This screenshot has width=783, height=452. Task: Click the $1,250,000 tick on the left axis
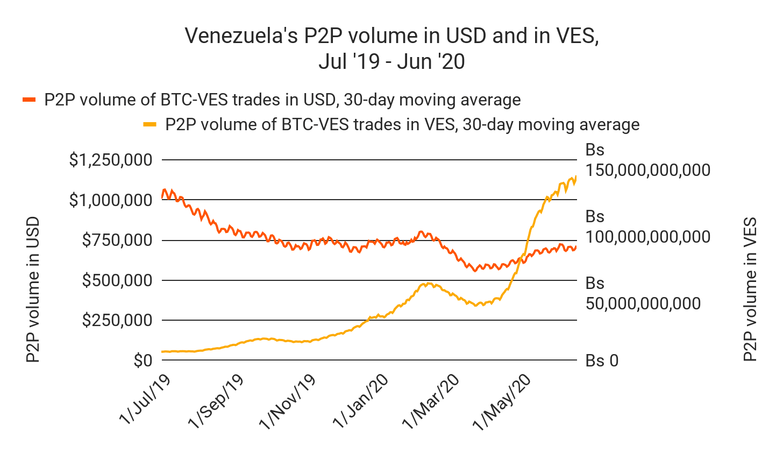point(110,160)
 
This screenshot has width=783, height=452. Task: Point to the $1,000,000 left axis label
point(110,200)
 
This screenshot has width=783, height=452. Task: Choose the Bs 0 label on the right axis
point(602,361)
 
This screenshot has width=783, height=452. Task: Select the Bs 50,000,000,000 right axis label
point(643,293)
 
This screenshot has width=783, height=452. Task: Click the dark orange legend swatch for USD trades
point(29,100)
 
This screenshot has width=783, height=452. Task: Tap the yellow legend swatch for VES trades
point(150,125)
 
